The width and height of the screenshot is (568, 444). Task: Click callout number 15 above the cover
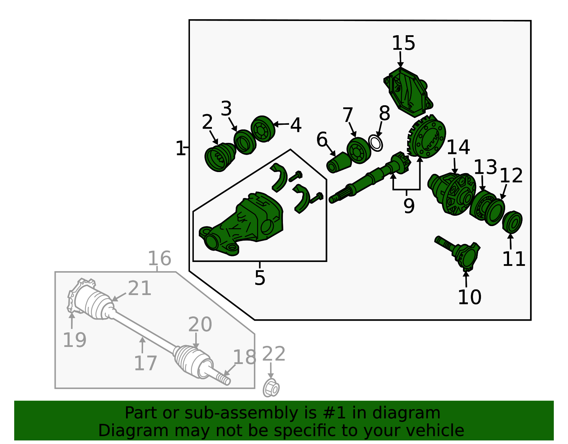403,43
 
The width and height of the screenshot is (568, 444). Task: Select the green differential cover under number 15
408,92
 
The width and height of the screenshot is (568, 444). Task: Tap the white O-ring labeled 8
375,143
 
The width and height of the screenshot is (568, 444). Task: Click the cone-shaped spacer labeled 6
339,162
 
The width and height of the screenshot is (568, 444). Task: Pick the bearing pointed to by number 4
263,129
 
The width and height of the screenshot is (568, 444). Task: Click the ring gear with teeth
426,137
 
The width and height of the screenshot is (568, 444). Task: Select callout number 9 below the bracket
409,206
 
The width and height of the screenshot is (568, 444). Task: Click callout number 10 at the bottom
469,297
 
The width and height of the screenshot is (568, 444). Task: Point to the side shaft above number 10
458,253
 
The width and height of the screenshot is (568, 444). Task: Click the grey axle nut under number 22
271,388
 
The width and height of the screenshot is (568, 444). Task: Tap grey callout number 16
159,258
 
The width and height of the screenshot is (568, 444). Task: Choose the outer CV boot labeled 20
193,362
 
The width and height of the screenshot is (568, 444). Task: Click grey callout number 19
75,340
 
